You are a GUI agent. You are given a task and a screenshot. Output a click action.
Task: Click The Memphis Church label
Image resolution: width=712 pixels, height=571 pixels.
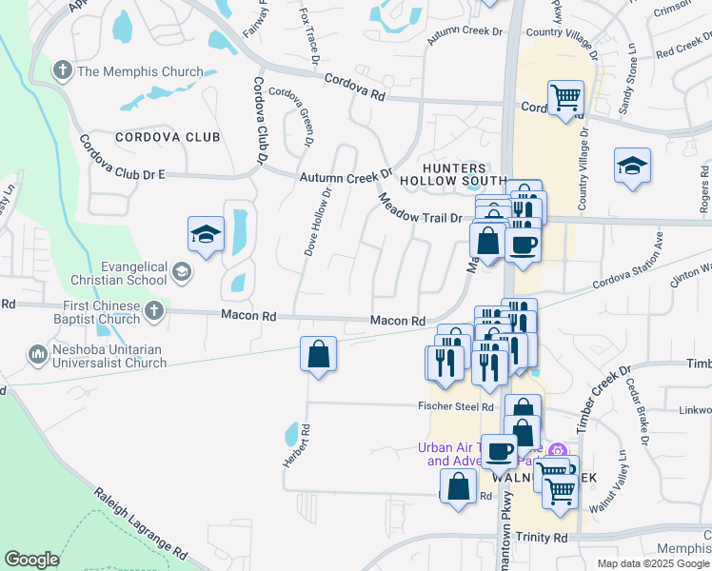140,71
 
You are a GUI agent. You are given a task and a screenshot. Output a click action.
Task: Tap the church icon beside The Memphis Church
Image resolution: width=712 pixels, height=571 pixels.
63,70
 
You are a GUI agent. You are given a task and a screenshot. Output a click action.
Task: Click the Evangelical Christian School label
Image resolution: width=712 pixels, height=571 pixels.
120,274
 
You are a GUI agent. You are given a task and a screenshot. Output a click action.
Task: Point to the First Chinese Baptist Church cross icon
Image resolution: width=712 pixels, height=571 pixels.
154,309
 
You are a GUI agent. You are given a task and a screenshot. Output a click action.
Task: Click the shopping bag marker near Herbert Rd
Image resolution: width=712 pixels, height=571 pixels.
318,355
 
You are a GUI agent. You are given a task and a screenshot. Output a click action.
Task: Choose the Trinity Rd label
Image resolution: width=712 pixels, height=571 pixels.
541,538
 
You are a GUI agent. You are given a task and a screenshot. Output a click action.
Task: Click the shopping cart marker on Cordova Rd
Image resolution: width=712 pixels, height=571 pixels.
565,98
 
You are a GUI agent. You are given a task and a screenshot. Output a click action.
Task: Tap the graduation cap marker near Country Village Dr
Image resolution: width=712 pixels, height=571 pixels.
632,167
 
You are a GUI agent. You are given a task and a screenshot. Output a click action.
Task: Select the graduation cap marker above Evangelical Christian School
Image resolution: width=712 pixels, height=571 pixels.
206,235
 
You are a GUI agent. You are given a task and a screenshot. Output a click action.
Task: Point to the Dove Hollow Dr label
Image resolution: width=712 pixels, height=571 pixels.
316,221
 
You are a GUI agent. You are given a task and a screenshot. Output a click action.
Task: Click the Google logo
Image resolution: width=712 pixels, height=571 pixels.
31,560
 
